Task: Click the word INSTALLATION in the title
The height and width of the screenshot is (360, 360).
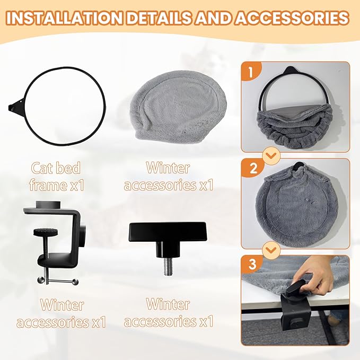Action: (64, 18)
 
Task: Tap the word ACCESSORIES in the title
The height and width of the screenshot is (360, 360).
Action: (292, 18)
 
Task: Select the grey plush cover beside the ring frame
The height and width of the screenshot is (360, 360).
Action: (178, 108)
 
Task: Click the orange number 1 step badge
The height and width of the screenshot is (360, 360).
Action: (251, 72)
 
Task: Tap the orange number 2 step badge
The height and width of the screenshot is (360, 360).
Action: (253, 168)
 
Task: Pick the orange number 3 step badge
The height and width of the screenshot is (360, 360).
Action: (252, 264)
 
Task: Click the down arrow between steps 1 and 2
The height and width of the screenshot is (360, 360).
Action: (271, 156)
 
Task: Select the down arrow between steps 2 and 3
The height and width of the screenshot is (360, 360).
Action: (271, 250)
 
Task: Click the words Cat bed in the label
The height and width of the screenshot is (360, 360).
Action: (56, 168)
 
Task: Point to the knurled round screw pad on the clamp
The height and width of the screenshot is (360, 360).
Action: (46, 232)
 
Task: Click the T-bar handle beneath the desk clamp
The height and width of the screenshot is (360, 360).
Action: (58, 280)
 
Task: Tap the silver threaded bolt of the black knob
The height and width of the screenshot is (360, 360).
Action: (169, 267)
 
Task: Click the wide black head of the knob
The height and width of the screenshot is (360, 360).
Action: (168, 232)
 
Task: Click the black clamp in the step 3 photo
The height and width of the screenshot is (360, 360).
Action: (294, 306)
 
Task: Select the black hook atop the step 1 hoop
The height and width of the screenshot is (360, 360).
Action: (292, 71)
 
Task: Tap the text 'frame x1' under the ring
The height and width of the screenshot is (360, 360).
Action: (57, 185)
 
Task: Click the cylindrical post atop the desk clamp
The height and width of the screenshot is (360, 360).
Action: (48, 204)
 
